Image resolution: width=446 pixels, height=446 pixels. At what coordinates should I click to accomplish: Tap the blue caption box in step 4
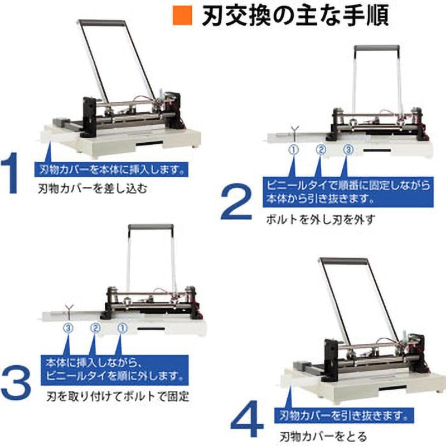pos(346,416)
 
